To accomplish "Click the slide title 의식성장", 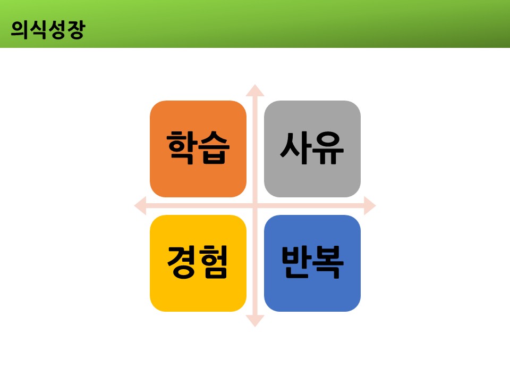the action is (x=47, y=29).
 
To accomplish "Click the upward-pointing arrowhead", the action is (x=255, y=90).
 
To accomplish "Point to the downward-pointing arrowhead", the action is (x=255, y=320).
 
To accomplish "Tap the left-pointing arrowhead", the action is (x=140, y=205).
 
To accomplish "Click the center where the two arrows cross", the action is (x=255, y=205).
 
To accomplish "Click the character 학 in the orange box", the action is (x=182, y=148).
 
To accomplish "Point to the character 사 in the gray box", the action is (x=296, y=148).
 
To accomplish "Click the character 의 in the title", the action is (x=20, y=29).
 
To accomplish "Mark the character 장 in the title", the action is (x=75, y=29).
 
